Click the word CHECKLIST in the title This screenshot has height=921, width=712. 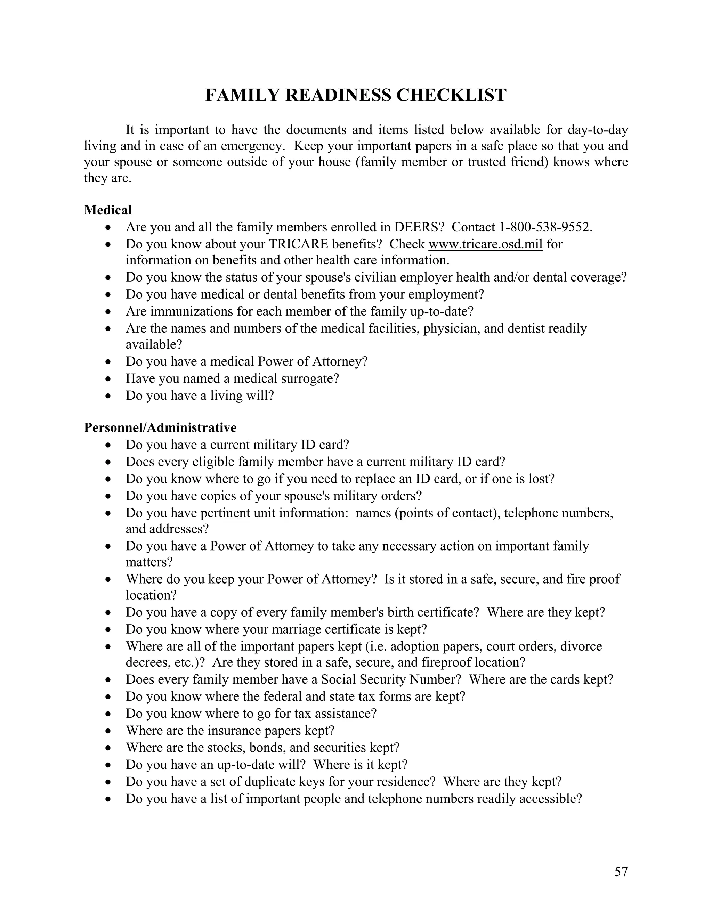click(x=451, y=95)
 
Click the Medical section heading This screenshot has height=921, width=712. click(x=108, y=210)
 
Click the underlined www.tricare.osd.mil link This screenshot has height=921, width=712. click(x=485, y=244)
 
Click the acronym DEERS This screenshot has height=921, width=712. click(x=416, y=227)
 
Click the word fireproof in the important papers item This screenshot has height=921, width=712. click(x=446, y=662)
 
